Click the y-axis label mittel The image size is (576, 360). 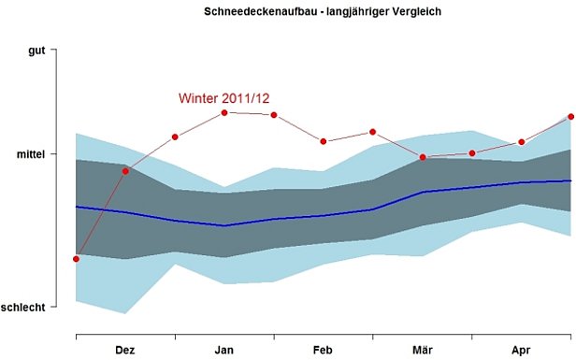pyautogui.click(x=30, y=153)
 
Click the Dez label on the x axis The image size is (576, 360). pyautogui.click(x=125, y=350)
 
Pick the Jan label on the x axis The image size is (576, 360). pyautogui.click(x=224, y=350)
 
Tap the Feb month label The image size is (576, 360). pyautogui.click(x=323, y=350)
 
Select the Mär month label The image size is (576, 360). pyautogui.click(x=422, y=350)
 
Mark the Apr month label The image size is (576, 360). pyautogui.click(x=521, y=350)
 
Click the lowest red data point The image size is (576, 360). pyautogui.click(x=76, y=259)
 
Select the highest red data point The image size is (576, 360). pyautogui.click(x=224, y=113)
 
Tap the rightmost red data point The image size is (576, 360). pyautogui.click(x=570, y=117)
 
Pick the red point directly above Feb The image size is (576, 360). pyautogui.click(x=324, y=141)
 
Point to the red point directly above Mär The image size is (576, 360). pyautogui.click(x=423, y=157)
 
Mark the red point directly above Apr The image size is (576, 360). pyautogui.click(x=522, y=142)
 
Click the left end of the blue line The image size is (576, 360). pyautogui.click(x=77, y=207)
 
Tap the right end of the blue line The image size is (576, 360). pyautogui.click(x=570, y=180)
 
